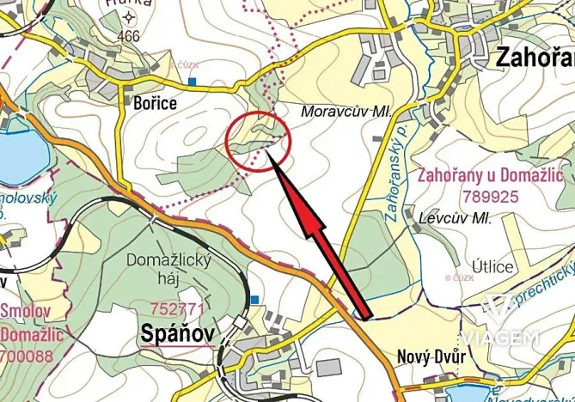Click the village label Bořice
(156, 103)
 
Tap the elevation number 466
(129, 35)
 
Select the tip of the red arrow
(269, 153)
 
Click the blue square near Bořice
(193, 82)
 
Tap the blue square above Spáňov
(255, 299)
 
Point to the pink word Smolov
(26, 310)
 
